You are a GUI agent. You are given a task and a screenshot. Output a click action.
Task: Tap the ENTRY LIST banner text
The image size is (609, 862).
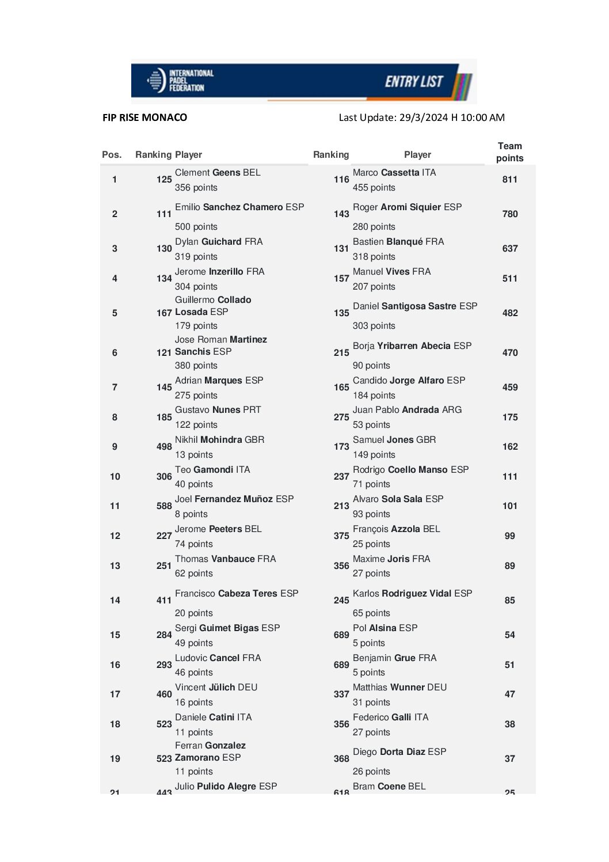414,82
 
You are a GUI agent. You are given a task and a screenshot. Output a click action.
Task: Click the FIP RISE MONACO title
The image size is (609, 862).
144,117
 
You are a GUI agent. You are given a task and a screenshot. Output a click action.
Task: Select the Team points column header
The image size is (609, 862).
509,152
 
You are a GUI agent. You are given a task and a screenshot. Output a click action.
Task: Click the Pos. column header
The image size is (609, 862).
112,154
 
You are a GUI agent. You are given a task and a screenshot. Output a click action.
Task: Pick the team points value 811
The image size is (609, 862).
509,179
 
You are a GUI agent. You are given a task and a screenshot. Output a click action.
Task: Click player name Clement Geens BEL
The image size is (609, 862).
218,172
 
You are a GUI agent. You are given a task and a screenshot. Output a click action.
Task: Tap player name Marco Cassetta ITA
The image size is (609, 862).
394,172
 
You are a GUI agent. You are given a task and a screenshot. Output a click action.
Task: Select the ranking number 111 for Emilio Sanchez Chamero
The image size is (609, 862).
164,214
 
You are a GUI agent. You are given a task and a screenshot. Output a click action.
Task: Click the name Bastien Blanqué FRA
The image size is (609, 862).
398,241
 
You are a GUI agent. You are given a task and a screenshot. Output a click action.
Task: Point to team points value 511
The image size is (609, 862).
509,278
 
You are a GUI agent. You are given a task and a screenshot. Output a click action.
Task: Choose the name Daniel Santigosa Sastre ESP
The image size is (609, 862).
415,306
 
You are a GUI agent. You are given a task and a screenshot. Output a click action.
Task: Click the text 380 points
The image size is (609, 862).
196,365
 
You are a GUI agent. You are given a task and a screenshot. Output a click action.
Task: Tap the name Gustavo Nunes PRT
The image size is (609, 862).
218,409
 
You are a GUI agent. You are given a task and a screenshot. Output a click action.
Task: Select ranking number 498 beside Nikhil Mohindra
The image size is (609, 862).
164,446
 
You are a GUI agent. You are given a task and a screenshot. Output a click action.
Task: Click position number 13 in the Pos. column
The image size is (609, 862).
115,565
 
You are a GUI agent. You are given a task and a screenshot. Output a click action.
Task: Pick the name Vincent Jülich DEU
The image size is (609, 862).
216,687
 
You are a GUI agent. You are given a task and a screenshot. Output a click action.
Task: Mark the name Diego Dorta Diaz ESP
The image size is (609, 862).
399,751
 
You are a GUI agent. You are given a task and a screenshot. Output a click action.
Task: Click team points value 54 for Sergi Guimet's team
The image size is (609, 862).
509,635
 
